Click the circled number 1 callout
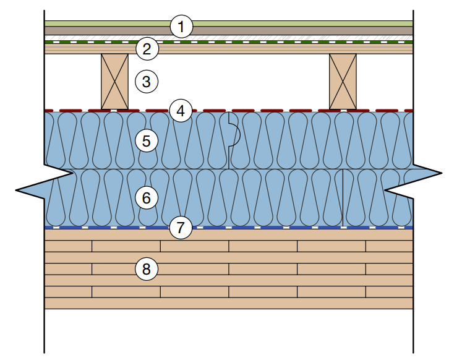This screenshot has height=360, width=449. [x=181, y=27]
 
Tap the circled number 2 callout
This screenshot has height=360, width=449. [x=147, y=49]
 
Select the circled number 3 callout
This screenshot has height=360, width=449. [x=147, y=81]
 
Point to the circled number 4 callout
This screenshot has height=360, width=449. [x=181, y=111]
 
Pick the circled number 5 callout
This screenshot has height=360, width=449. [x=147, y=141]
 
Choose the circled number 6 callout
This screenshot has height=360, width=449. [x=147, y=198]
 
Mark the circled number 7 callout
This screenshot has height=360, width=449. [x=181, y=228]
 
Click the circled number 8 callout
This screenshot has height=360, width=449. [x=147, y=269]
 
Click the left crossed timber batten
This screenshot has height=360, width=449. [x=114, y=82]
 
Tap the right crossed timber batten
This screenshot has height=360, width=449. [x=343, y=82]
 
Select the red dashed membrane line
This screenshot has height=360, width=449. [x=278, y=111]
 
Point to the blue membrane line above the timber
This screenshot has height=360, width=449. [x=278, y=228]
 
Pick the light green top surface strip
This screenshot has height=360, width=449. [x=278, y=23]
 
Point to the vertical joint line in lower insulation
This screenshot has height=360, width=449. [x=343, y=198]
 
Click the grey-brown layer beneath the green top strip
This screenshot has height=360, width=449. [x=278, y=30]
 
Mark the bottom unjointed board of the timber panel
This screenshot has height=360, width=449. [x=229, y=303]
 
